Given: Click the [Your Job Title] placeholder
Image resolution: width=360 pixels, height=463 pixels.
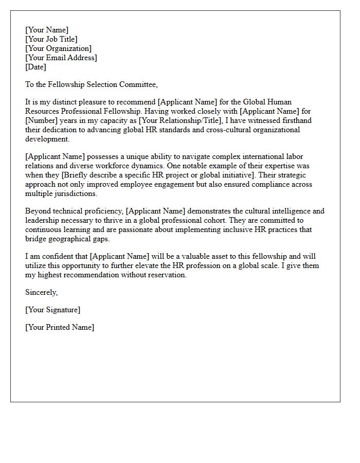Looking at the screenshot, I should (51, 39).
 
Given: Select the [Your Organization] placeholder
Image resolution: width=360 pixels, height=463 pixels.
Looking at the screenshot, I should (58, 48).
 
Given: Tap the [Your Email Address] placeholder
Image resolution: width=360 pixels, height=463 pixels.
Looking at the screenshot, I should (61, 58).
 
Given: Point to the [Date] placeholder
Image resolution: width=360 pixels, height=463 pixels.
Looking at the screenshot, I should (35, 67).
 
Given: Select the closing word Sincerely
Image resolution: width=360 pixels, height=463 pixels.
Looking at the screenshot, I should (41, 292).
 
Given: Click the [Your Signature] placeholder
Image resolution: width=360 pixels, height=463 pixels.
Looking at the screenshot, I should (52, 310).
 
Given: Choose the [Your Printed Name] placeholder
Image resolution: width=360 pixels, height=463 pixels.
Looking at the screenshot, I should (60, 327).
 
